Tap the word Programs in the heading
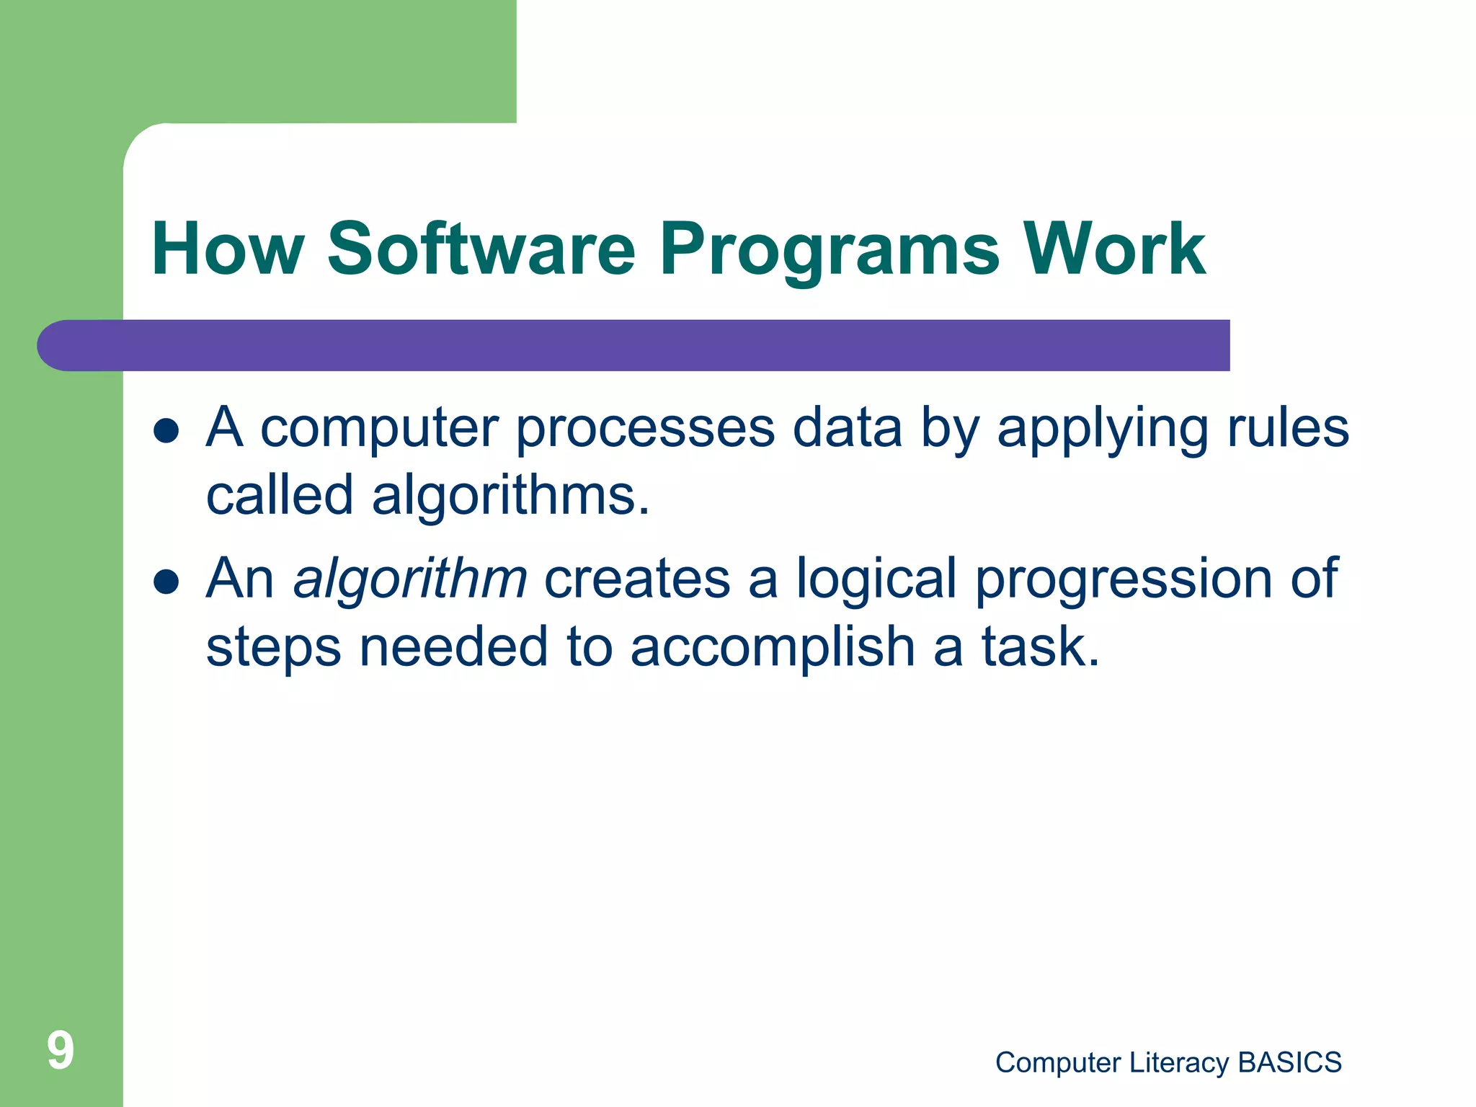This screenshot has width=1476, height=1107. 830,250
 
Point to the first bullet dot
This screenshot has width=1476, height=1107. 166,431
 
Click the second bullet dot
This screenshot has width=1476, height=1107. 166,582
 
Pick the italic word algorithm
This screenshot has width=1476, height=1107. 410,580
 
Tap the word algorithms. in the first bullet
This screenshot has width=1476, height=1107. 510,497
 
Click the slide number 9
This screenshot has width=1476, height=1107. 61,1050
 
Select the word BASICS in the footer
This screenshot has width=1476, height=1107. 1289,1062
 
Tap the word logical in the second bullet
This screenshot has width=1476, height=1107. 876,580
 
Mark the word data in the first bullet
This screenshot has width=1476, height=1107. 847,428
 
